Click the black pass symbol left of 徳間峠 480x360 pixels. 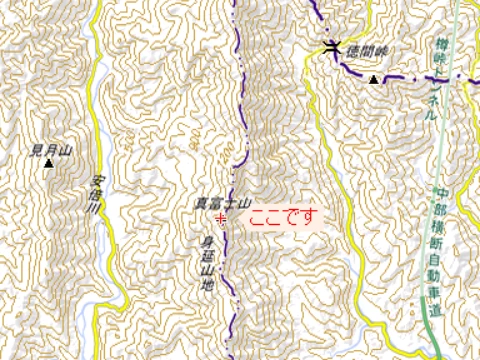click(x=333, y=46)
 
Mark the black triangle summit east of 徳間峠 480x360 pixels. click(x=374, y=79)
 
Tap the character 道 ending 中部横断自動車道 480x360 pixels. click(x=437, y=313)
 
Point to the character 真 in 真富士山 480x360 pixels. click(x=199, y=203)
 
